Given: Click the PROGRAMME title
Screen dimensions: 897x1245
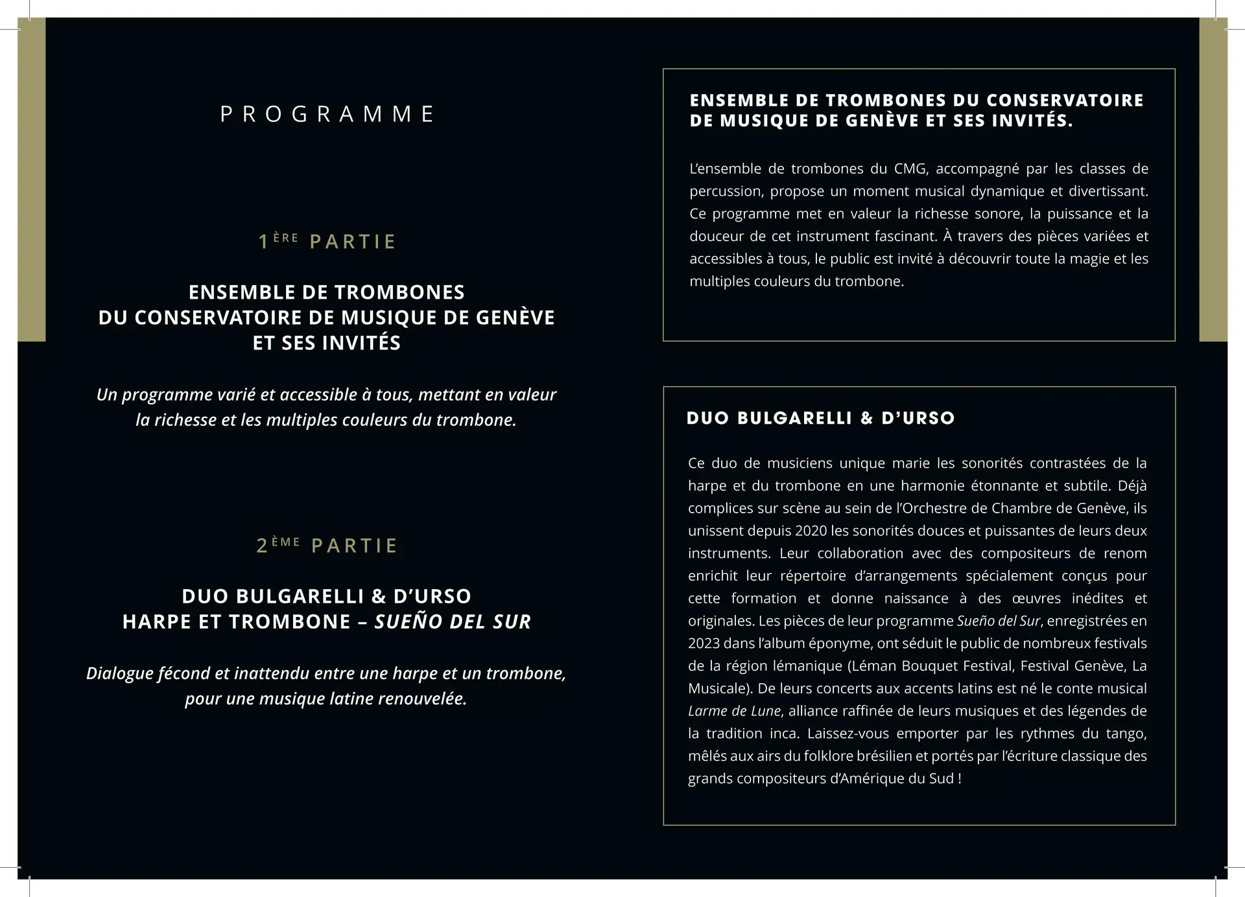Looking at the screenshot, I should [327, 114].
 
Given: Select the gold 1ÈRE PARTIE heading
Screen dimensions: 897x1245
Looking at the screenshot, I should [327, 241].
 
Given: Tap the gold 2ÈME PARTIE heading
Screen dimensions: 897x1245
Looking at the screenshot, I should [327, 545].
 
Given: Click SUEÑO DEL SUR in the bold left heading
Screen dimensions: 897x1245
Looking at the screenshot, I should [453, 622].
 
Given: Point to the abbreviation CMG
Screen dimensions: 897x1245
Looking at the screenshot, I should [910, 169].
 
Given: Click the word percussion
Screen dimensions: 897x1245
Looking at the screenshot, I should [726, 192].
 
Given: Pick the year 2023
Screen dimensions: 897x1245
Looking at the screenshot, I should [704, 644].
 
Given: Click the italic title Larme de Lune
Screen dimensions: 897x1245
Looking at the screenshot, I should [734, 711].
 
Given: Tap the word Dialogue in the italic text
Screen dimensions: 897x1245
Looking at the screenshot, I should [119, 673].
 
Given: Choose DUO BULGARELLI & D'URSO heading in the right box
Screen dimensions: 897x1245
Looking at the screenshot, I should [820, 418].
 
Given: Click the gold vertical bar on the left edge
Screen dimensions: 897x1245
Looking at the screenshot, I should [31, 180].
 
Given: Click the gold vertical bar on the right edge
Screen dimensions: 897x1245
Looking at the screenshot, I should [1213, 180].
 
